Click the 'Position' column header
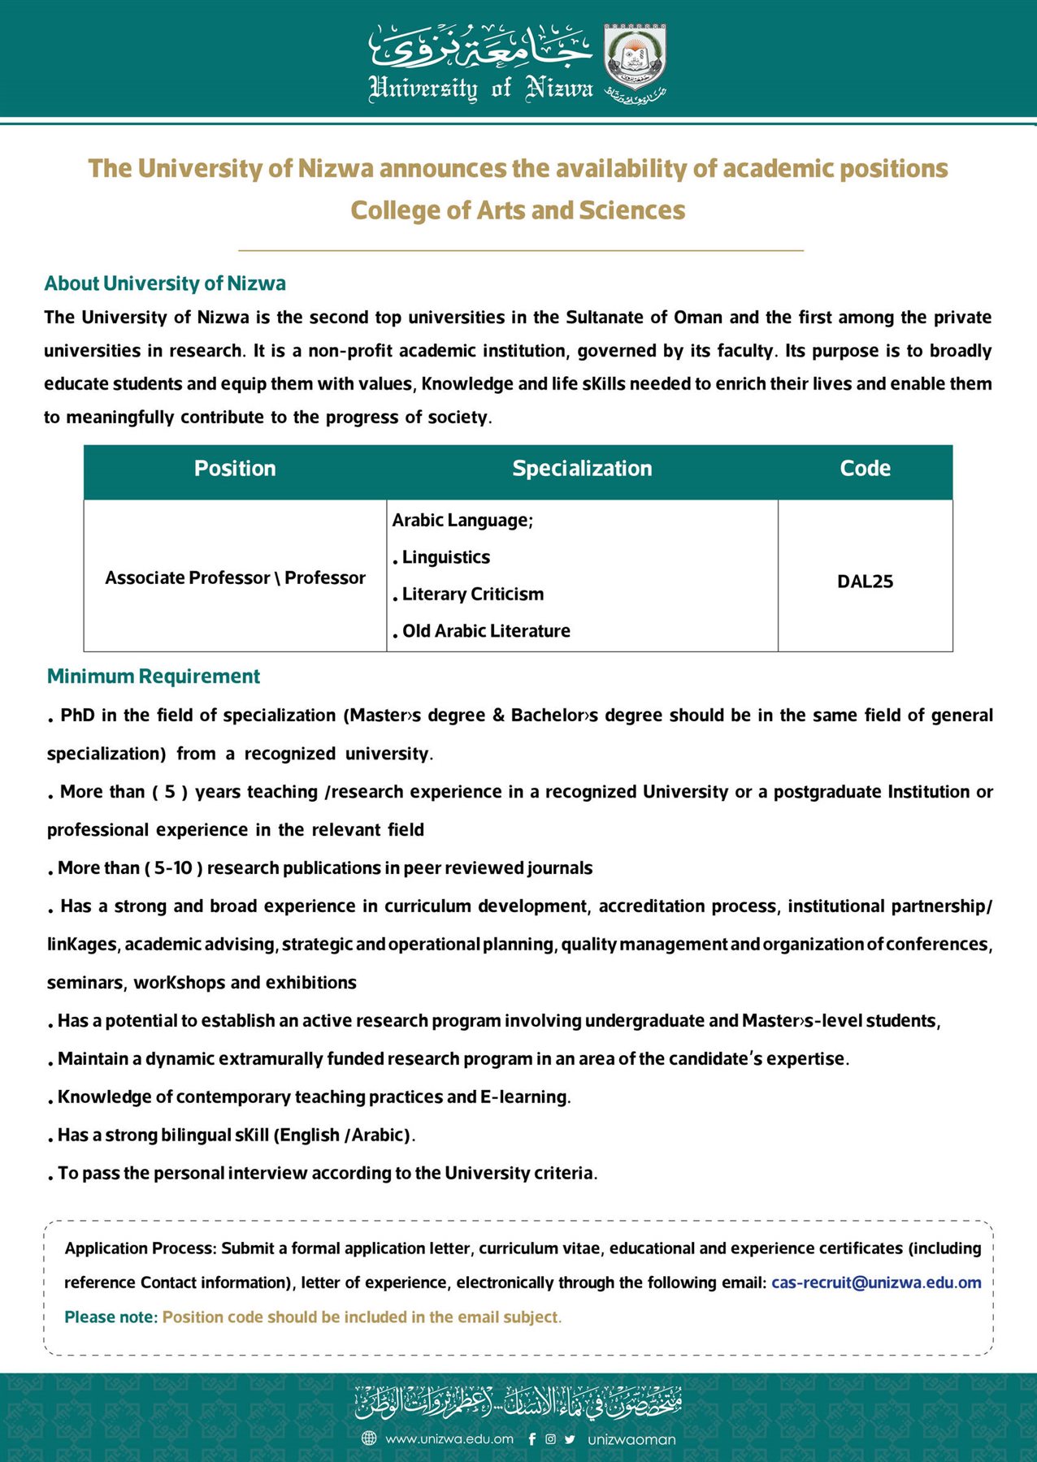click(235, 469)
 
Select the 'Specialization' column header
click(582, 469)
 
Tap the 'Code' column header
click(865, 469)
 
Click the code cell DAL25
click(865, 582)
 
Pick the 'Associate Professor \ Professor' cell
click(235, 577)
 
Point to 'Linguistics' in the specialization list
click(446, 557)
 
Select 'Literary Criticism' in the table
click(473, 594)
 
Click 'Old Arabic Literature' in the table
click(486, 631)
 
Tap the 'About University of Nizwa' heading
click(165, 283)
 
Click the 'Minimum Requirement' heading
click(154, 677)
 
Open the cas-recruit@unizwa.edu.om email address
click(876, 1282)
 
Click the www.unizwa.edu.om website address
click(449, 1438)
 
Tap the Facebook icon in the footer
click(532, 1438)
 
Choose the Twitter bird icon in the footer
click(570, 1438)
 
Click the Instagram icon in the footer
click(550, 1438)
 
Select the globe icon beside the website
click(369, 1438)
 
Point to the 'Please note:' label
click(111, 1317)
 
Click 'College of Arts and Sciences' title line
click(518, 210)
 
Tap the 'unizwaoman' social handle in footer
click(631, 1439)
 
